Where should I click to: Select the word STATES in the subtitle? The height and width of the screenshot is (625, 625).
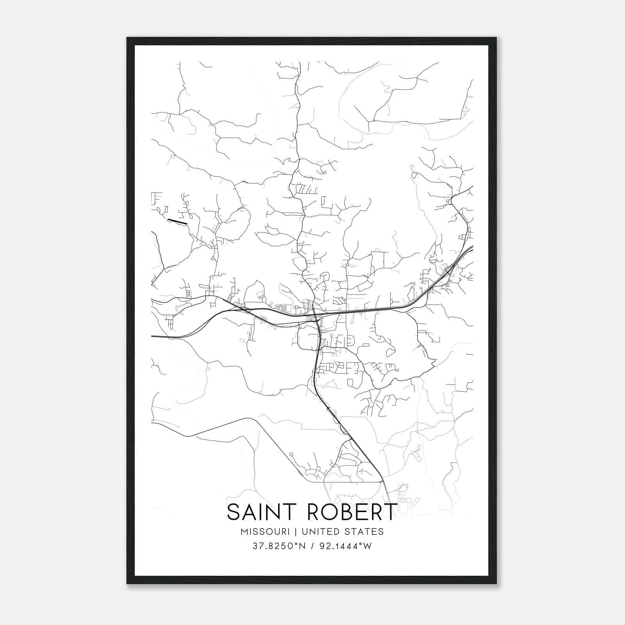pos(365,532)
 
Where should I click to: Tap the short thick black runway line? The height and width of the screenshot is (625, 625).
pos(178,221)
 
